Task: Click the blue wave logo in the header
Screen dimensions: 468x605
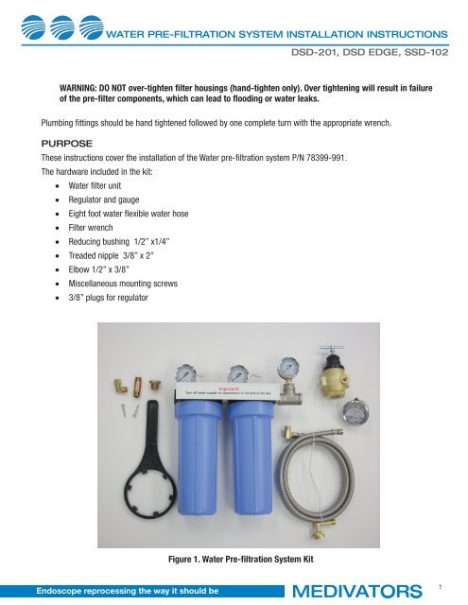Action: coord(52,34)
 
